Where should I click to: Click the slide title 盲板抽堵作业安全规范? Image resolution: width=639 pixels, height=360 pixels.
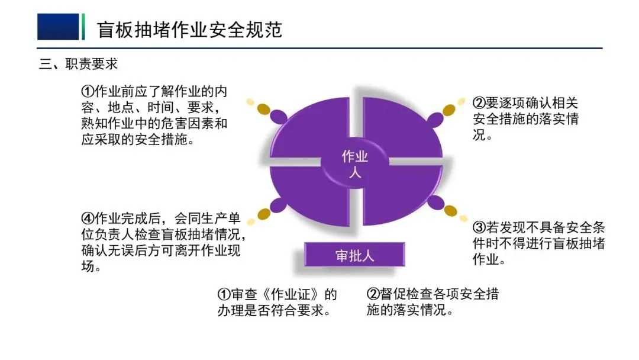189,28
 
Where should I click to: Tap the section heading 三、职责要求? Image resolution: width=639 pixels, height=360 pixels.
79,64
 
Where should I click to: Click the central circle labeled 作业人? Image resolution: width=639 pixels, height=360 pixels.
355,164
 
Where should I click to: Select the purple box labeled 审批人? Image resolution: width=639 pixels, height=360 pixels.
355,255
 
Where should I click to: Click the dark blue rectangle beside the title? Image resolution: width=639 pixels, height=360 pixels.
58,27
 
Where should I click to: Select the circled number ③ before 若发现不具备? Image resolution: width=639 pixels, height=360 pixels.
479,228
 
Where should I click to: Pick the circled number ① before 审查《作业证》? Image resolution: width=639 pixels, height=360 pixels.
224,294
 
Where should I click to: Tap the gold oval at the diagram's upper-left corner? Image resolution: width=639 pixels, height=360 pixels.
264,109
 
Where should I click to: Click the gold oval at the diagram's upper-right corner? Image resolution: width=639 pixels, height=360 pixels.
449,110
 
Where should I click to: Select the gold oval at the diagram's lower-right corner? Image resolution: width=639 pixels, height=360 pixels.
451,210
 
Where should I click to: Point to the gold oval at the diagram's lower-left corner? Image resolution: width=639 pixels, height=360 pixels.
264,213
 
